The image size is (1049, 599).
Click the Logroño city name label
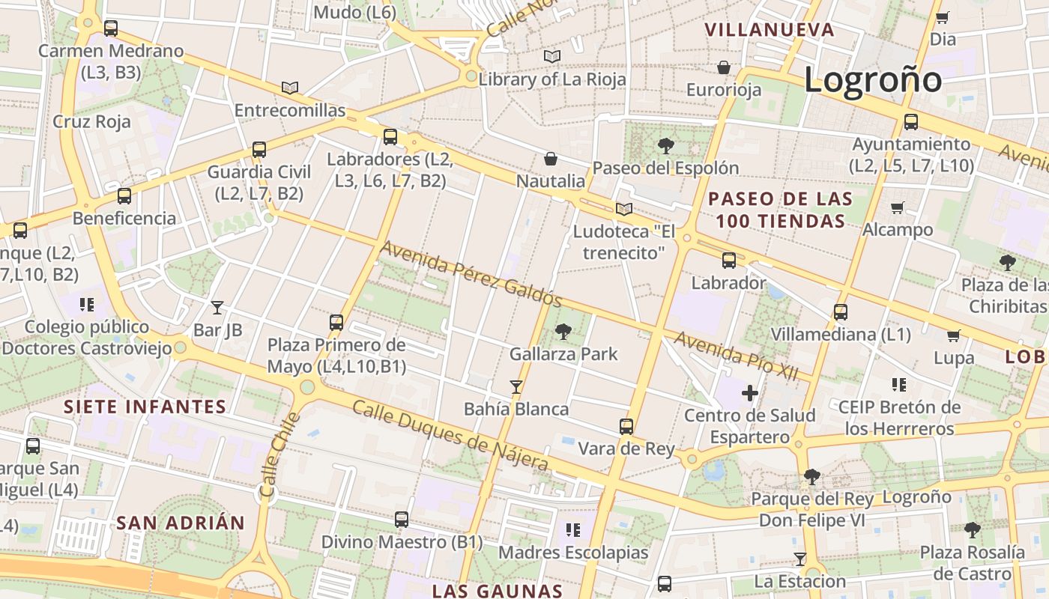(873, 79)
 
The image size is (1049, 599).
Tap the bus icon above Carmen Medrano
(111, 28)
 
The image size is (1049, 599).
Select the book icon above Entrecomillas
(290, 88)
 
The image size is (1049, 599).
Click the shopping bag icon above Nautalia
(551, 159)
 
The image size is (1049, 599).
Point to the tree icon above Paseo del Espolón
(665, 145)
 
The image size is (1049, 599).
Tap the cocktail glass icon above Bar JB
(217, 307)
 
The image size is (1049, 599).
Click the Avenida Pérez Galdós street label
(471, 273)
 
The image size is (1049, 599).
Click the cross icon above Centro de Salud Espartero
(749, 392)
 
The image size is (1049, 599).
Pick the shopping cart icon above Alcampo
(898, 207)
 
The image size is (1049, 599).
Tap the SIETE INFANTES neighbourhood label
(145, 407)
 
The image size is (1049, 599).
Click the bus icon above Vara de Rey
(626, 427)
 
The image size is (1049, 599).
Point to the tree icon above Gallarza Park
(563, 331)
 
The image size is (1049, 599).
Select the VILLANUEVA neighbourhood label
(770, 30)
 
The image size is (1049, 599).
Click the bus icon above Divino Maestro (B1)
(402, 519)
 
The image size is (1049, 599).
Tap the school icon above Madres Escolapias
(573, 530)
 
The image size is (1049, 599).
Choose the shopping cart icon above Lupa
(953, 335)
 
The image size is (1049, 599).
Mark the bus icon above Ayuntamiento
(911, 121)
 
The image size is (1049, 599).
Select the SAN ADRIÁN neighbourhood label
(181, 523)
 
